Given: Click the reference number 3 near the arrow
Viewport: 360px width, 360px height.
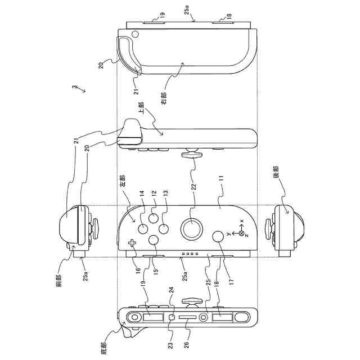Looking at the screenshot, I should click(73, 88).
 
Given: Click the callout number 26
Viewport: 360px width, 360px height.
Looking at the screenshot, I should click(187, 340).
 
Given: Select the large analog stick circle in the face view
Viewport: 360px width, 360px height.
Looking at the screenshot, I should click(192, 229).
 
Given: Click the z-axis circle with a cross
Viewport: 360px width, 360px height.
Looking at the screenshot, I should click(242, 232).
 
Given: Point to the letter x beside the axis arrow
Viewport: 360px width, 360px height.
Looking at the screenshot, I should click(242, 220).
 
